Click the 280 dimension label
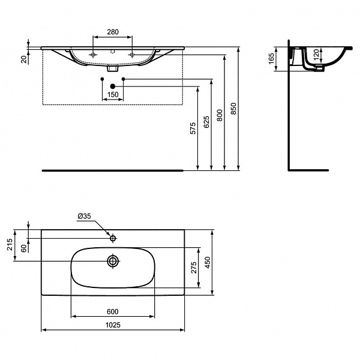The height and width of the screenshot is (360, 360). click(112, 32)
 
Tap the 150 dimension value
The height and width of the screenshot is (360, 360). click(112, 95)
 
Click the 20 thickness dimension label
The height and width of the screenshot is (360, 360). click(23, 58)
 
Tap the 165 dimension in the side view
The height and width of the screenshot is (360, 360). click(271, 59)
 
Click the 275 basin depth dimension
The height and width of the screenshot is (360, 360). click(193, 268)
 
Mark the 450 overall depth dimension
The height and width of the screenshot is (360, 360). click(208, 262)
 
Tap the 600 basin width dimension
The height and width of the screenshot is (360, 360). click(112, 311)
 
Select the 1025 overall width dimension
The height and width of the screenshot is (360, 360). click(112, 325)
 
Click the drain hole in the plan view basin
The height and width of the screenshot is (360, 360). click(112, 261)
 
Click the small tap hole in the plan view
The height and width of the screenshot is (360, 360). click(112, 238)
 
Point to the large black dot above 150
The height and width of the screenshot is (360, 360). click(112, 86)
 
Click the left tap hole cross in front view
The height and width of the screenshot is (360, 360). click(93, 55)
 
